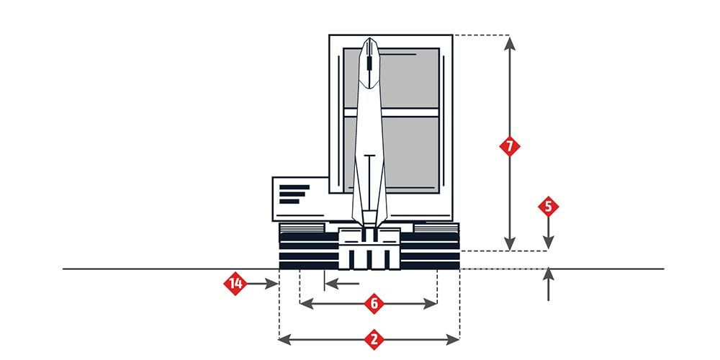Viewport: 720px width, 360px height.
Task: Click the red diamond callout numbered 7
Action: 509,146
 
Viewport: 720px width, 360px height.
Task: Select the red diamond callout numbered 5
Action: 548,207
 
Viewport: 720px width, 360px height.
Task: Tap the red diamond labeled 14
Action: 235,284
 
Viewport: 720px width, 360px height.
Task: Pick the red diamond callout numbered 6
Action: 374,304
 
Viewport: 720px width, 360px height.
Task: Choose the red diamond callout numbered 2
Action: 374,340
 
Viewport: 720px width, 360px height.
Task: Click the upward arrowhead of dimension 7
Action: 509,43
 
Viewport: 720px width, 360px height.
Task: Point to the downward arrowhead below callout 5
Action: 548,243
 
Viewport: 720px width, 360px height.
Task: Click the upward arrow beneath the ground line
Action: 548,284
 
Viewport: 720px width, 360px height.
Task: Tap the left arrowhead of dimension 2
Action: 285,340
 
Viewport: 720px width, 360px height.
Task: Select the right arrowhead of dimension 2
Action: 453,340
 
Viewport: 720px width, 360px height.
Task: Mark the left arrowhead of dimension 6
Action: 306,304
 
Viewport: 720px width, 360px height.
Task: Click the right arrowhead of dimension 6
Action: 431,304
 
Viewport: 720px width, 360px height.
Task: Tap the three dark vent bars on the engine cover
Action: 294,194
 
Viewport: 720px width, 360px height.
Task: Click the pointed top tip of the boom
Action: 369,38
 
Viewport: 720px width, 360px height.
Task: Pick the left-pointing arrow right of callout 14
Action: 342,284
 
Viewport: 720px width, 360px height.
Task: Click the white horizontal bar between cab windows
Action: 392,113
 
